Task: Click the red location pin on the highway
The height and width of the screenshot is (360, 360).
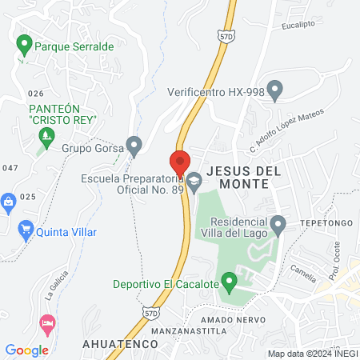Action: click(180, 161)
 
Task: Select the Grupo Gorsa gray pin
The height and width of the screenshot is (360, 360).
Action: click(134, 146)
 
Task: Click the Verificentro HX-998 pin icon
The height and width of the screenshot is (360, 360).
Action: click(275, 90)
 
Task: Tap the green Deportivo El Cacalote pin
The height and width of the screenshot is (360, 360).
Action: click(230, 282)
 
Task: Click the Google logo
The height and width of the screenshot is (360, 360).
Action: click(27, 350)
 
